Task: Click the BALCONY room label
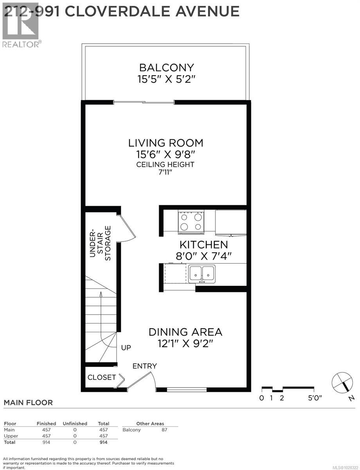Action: point(166,67)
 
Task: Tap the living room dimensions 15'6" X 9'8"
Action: point(166,154)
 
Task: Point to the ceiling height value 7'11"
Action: point(165,173)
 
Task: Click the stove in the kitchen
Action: point(191,221)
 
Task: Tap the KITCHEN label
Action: point(203,245)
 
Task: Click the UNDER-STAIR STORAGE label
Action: point(101,243)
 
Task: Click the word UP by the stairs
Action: point(126,347)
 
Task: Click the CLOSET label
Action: point(101,378)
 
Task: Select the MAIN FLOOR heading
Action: point(28,403)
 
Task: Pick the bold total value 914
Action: point(103,442)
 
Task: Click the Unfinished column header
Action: point(75,423)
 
